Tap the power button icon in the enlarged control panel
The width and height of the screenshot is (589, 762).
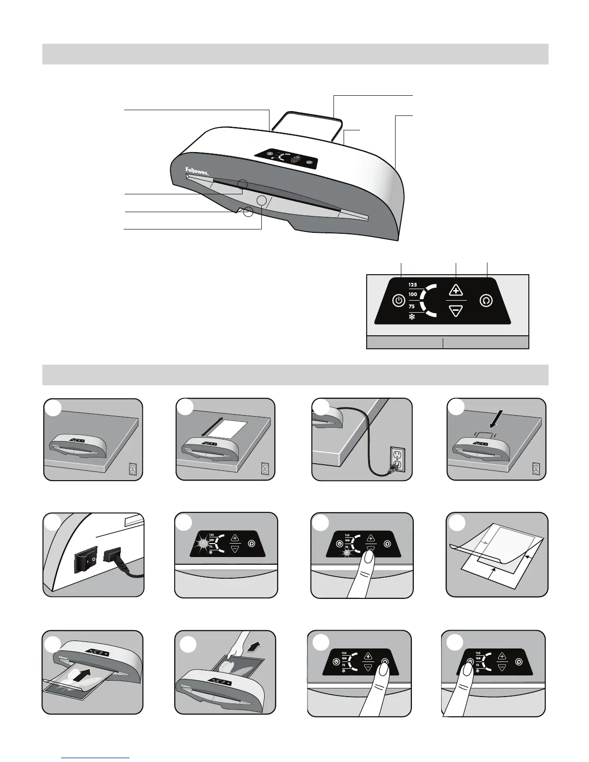click(x=398, y=301)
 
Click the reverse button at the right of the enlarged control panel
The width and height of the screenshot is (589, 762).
click(x=487, y=301)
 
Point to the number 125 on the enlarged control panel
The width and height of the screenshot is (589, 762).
click(x=413, y=284)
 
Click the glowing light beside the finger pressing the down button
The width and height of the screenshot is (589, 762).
click(x=344, y=553)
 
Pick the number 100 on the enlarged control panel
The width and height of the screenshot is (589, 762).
click(x=413, y=294)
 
